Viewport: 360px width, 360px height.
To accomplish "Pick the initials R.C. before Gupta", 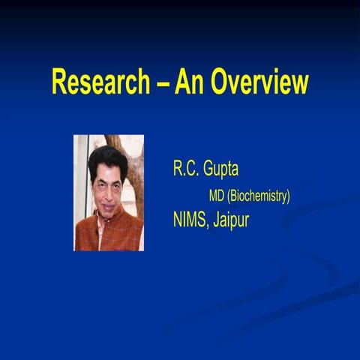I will pyautogui.click(x=187, y=169).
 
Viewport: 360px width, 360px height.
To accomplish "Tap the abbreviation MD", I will pyautogui.click(x=216, y=196).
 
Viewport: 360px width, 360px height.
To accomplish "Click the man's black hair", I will pyautogui.click(x=107, y=157).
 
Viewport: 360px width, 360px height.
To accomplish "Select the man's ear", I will pyautogui.click(x=125, y=186).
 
